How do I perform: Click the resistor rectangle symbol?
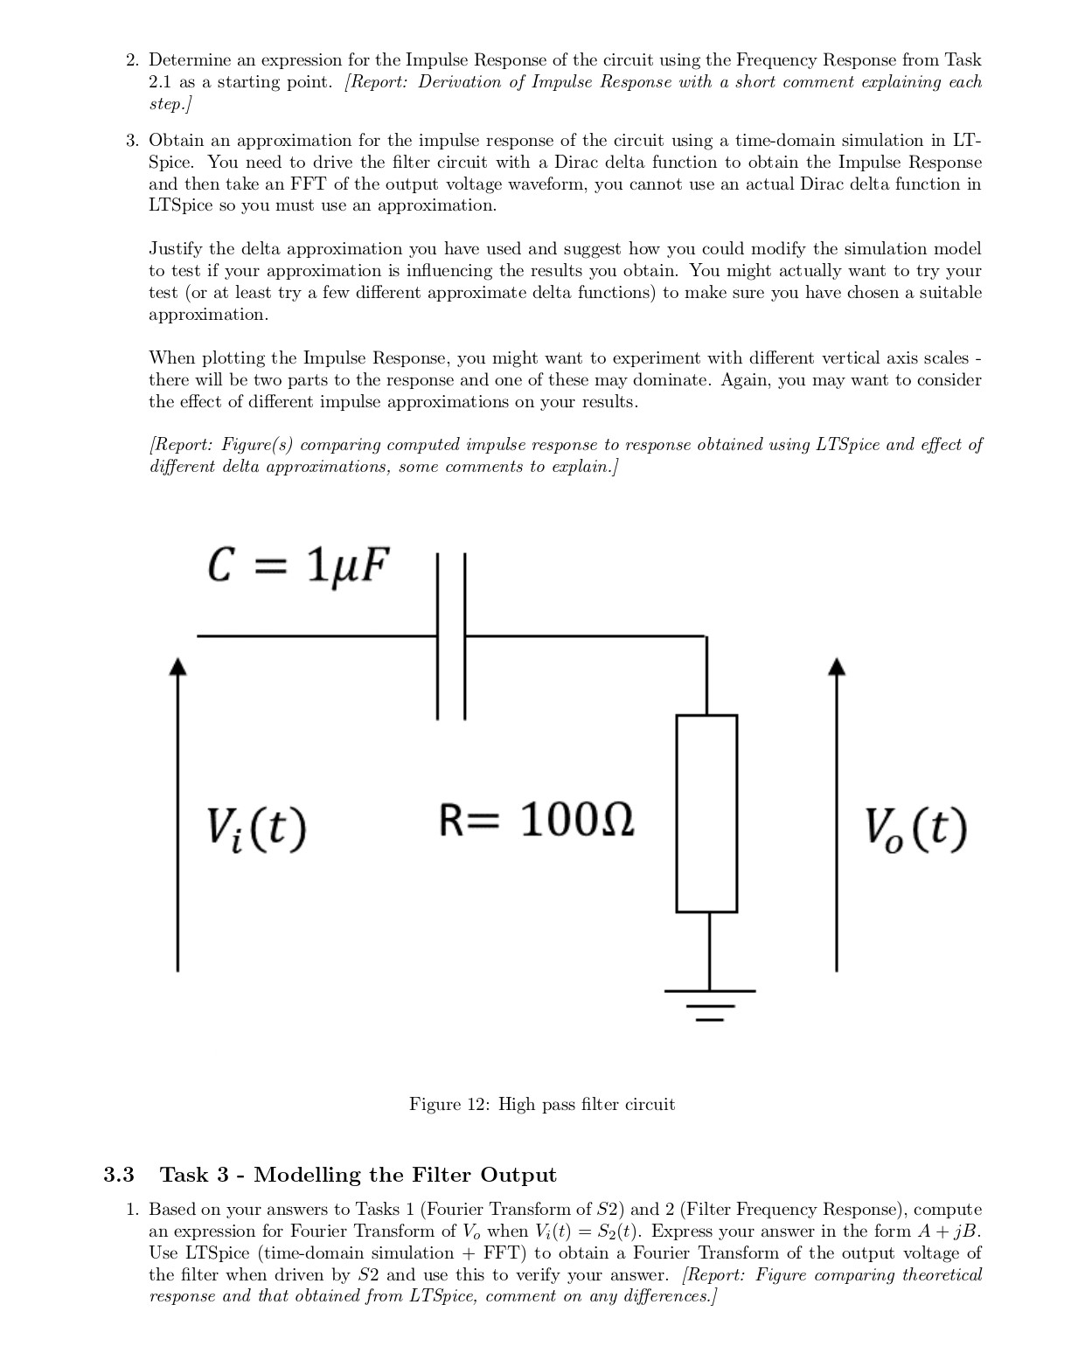[706, 813]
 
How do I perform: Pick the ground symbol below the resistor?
[709, 1004]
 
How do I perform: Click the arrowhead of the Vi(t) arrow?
[178, 667]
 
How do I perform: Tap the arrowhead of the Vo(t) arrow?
[837, 667]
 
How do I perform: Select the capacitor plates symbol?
[451, 635]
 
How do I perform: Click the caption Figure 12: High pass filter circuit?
[542, 1105]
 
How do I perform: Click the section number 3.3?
[119, 1175]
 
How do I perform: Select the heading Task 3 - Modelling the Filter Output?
[358, 1175]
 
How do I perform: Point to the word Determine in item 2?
[190, 60]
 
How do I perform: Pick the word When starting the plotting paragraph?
[172, 358]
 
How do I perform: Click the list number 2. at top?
[132, 60]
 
